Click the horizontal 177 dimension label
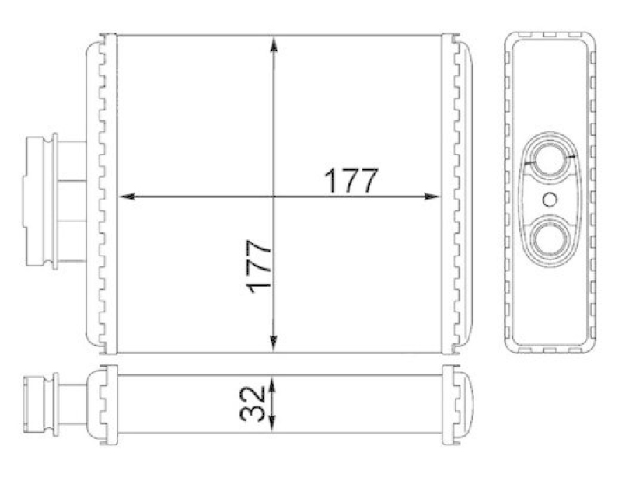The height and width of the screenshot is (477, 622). coord(351,180)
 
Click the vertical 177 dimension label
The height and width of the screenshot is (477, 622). coord(259,266)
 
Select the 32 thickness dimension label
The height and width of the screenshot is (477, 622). coord(252,404)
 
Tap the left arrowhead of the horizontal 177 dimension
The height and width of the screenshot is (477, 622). coord(127,197)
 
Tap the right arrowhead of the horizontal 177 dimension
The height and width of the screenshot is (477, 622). coord(432,197)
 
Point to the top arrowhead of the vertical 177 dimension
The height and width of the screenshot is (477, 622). coord(274,44)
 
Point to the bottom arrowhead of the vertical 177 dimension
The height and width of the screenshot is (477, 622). coord(274,344)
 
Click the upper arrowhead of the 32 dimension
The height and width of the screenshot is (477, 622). coord(272,385)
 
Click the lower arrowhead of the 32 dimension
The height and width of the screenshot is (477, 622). coord(272,423)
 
